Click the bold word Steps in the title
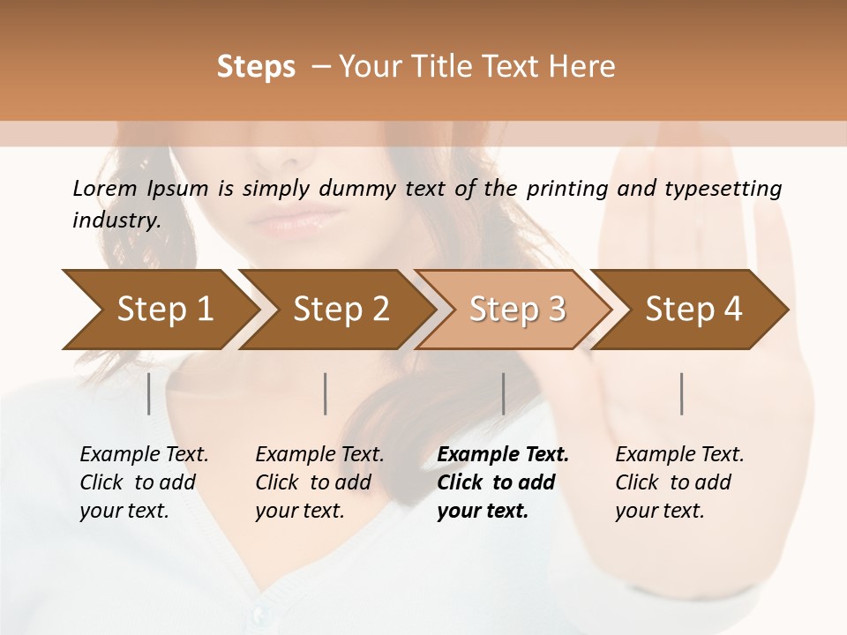coord(256,67)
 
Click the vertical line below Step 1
coord(149,393)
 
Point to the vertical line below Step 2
coord(326,393)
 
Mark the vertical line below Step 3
coord(503,393)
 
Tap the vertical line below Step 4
coord(681,393)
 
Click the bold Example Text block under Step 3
coord(503,482)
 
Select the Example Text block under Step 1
coord(144,482)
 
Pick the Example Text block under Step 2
coord(319,482)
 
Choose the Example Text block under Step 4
coord(679,482)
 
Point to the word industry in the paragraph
coord(116,220)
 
